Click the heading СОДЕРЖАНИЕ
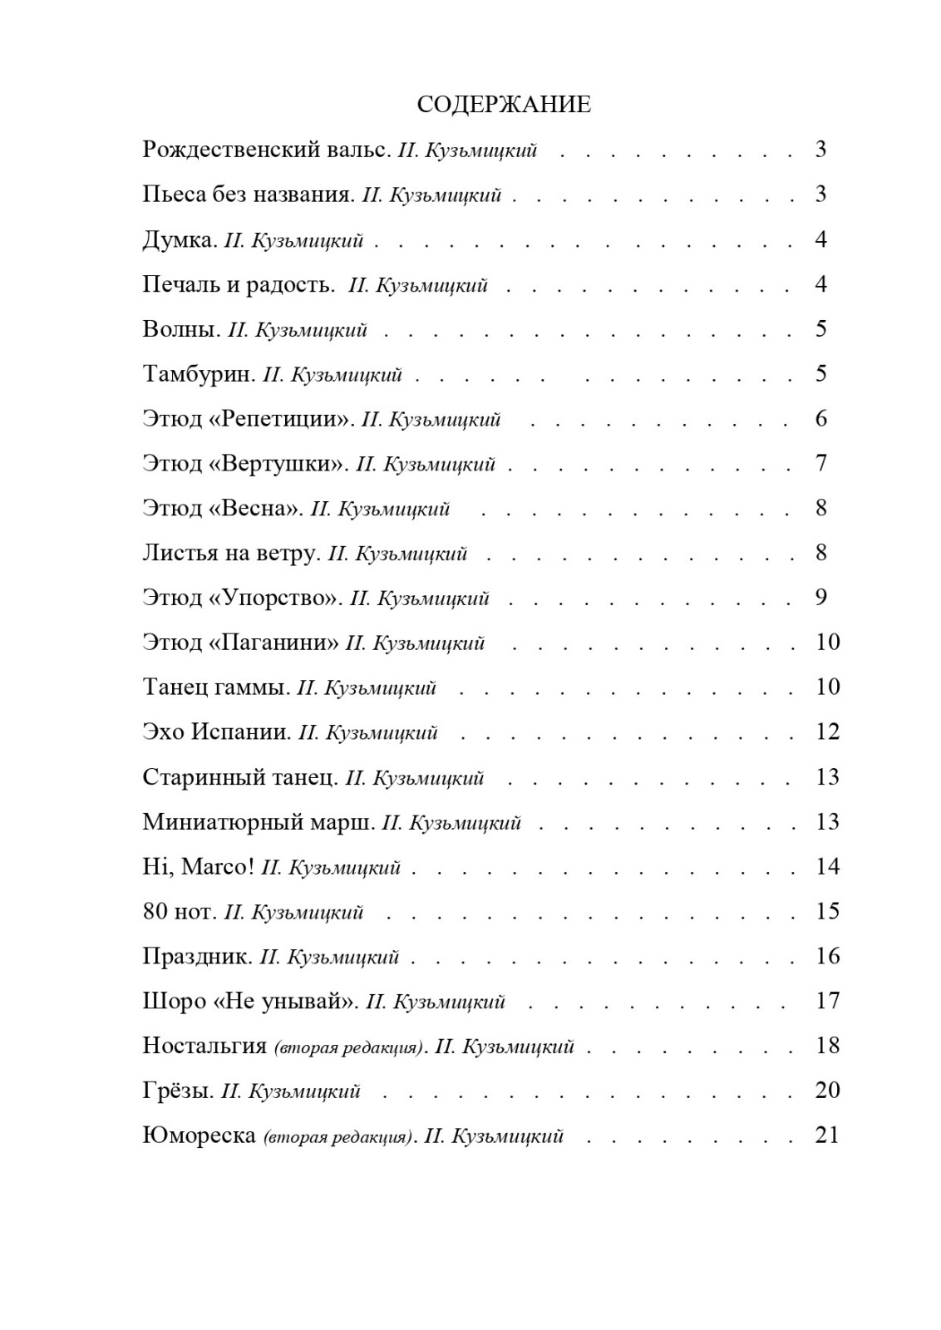pyautogui.click(x=503, y=105)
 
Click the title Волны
pyautogui.click(x=181, y=329)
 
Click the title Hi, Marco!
pyautogui.click(x=198, y=867)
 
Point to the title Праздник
pyautogui.click(x=197, y=957)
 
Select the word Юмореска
pyautogui.click(x=199, y=1135)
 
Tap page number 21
pyautogui.click(x=827, y=1135)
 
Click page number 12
pyautogui.click(x=828, y=732)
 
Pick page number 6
pyautogui.click(x=821, y=419)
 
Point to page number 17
pyautogui.click(x=828, y=1001)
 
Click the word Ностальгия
pyautogui.click(x=204, y=1046)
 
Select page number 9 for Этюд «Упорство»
pyautogui.click(x=821, y=598)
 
